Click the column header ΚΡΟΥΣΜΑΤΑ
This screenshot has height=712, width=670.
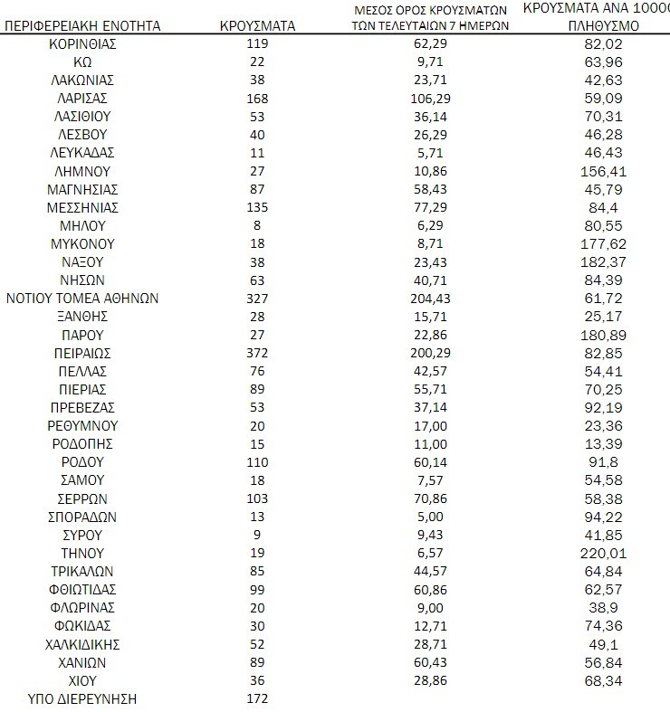tap(257, 26)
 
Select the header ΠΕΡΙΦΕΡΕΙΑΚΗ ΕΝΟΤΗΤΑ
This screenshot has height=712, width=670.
tap(83, 26)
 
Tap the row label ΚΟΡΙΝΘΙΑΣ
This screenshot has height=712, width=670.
tap(83, 43)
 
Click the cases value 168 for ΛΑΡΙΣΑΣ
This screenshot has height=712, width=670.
tap(257, 98)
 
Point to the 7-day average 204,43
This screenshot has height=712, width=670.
tap(430, 299)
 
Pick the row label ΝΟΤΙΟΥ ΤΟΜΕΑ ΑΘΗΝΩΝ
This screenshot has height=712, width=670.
tap(83, 299)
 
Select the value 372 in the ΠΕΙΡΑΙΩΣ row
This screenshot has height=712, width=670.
tap(257, 353)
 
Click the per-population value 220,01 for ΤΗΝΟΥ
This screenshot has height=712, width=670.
tap(604, 553)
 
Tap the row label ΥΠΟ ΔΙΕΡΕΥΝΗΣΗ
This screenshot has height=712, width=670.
tap(83, 698)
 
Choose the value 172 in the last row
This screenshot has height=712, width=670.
tap(257, 698)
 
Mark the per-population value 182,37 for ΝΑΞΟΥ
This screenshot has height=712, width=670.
tap(604, 261)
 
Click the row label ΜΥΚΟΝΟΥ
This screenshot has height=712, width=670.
tap(83, 243)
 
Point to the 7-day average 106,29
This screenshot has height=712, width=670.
tap(430, 98)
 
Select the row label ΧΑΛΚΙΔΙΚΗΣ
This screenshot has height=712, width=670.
tap(83, 644)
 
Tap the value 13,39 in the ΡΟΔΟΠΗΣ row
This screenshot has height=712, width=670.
tap(604, 444)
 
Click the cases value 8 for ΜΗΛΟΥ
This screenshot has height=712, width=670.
tap(257, 225)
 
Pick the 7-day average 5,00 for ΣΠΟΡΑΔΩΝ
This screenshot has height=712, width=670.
tap(430, 517)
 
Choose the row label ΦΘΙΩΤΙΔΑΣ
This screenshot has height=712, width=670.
tap(83, 590)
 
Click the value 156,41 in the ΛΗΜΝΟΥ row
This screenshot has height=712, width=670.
tap(604, 171)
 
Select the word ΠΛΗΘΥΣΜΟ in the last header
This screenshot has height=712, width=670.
tap(604, 26)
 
